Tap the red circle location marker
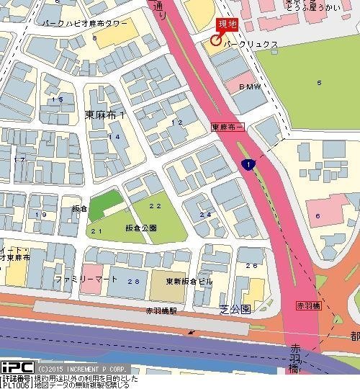pos(215,40)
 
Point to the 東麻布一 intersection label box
pos(228,126)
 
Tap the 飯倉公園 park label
pos(140,228)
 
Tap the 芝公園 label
pos(235,309)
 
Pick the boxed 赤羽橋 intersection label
pos(310,305)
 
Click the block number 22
pos(154,206)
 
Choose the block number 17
pos(19,159)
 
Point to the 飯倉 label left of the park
pos(79,208)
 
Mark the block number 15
pos(57,99)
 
